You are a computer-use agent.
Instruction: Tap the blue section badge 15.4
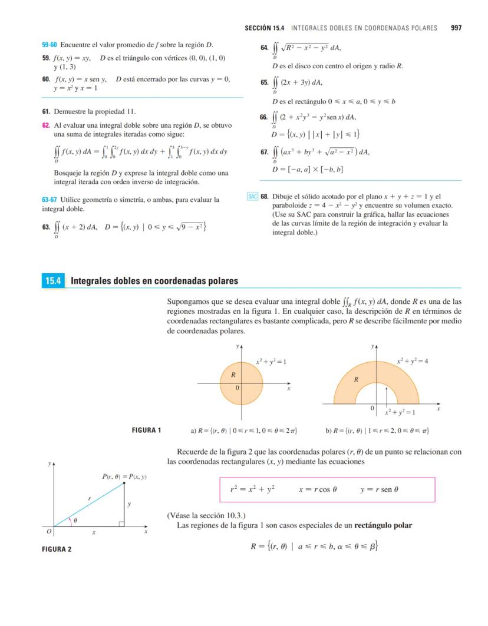pyautogui.click(x=53, y=281)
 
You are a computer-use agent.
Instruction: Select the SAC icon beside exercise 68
pyautogui.click(x=253, y=197)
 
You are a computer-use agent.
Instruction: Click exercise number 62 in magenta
pyautogui.click(x=45, y=125)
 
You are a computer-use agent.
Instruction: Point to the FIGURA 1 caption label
pyautogui.click(x=146, y=430)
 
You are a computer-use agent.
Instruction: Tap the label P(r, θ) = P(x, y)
pyautogui.click(x=124, y=476)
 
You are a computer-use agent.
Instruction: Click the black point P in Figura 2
pyautogui.click(x=124, y=483)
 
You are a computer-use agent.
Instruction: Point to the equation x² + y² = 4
pyautogui.click(x=412, y=360)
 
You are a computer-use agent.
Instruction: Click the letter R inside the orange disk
pyautogui.click(x=233, y=375)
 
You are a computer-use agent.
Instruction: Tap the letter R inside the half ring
pyautogui.click(x=356, y=380)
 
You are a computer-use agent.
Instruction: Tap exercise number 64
pyautogui.click(x=264, y=48)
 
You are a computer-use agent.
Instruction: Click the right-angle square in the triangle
pyautogui.click(x=121, y=524)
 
